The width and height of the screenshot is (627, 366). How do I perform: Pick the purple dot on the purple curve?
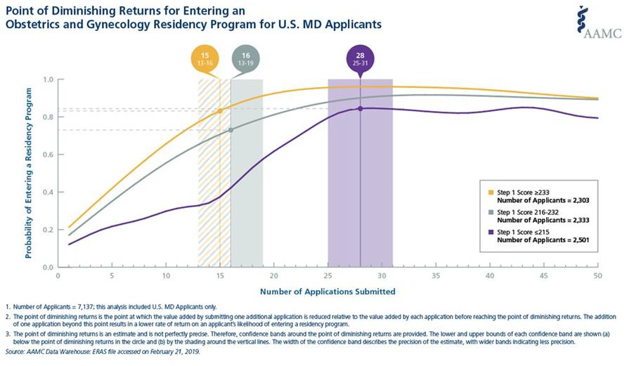tap(360, 108)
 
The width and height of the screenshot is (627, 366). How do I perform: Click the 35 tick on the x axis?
tap(435, 275)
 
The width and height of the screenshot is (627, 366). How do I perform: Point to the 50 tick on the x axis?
tap(597, 275)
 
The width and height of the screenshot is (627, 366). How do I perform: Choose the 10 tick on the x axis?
tap(166, 275)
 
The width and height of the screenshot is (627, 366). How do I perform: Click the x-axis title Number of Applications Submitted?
tap(327, 290)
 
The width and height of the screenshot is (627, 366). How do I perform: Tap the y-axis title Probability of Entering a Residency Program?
tap(29, 174)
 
